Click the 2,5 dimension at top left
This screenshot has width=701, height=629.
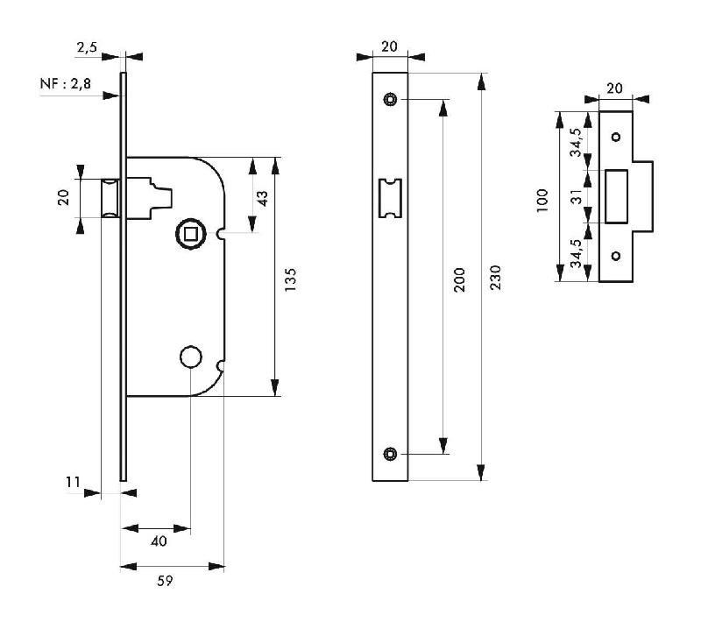pos(87,47)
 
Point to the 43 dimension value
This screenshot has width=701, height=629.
pos(263,198)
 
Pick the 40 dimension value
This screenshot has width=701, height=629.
pos(159,542)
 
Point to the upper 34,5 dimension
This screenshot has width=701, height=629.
pos(576,142)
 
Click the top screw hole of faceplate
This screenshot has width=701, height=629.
pos(390,100)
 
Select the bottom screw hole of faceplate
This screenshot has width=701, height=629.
pos(390,453)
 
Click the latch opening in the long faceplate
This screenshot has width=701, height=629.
pos(389,198)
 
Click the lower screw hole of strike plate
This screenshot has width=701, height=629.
pos(615,256)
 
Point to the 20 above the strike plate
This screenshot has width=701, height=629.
pos(615,88)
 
